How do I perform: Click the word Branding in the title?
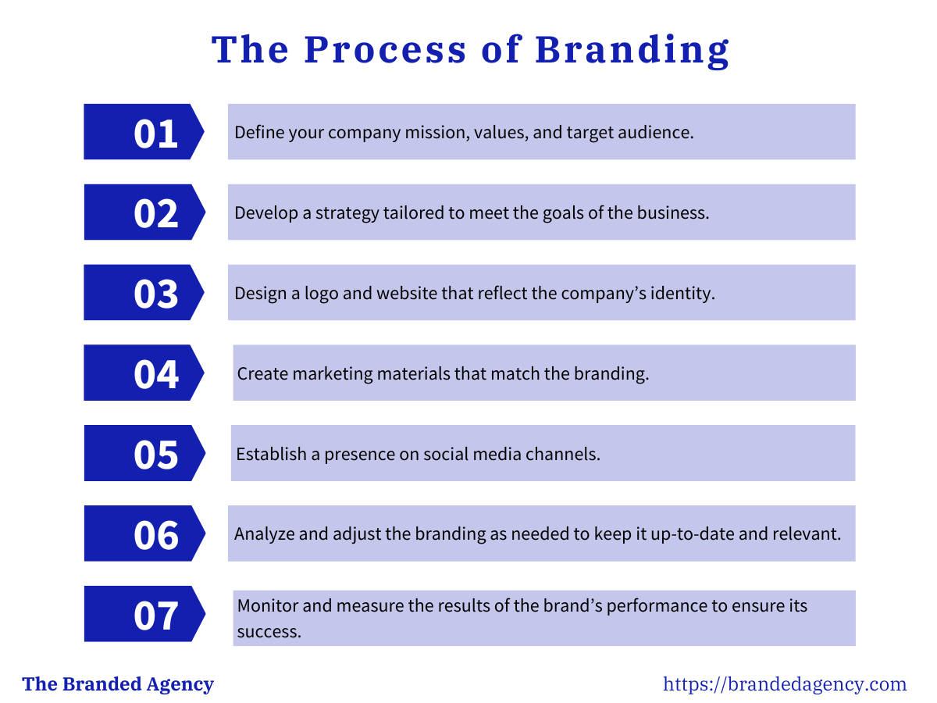point(632,50)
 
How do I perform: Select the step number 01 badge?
point(144,132)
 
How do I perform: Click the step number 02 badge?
point(144,212)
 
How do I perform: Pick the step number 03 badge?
point(144,293)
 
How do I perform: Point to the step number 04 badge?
point(144,373)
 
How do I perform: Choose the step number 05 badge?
point(144,454)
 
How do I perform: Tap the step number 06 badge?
point(144,534)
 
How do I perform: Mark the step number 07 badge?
point(144,615)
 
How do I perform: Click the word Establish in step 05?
point(272,454)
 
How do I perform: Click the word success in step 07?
point(269,631)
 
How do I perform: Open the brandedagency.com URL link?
point(785,685)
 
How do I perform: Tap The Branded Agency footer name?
point(118,685)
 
